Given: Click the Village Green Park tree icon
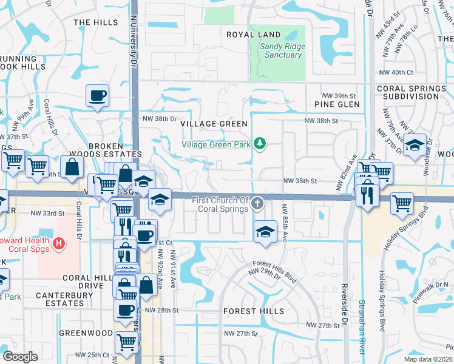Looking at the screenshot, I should coord(260,143).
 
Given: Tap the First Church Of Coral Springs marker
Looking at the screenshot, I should coord(258,203).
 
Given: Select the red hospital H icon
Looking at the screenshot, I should coord(59,244).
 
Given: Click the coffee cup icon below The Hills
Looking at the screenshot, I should coord(98,95).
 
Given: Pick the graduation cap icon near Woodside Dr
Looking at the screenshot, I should coord(415,146).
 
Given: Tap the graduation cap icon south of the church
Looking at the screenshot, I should coord(265,232).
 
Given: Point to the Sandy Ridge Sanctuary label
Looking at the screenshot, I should coord(280,50).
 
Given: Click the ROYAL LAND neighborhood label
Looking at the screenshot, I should coord(254,35).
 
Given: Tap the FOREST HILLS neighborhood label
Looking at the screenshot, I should coord(253,311).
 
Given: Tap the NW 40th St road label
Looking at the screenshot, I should coord(396,72).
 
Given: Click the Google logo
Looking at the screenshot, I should coord(20,357).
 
